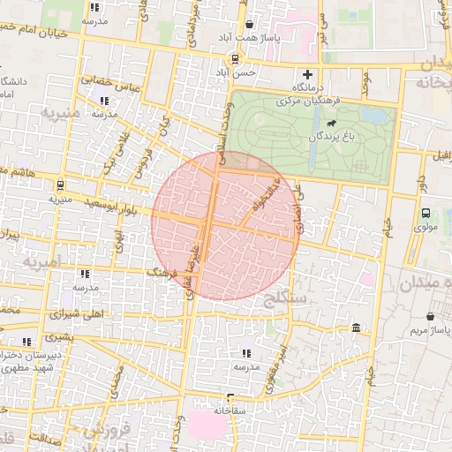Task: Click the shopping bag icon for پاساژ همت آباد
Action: pyautogui.click(x=250, y=25)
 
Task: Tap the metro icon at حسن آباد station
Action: pyautogui.click(x=234, y=58)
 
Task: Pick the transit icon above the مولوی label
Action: pyautogui.click(x=426, y=213)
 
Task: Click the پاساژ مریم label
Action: pyautogui.click(x=430, y=330)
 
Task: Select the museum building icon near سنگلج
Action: pyautogui.click(x=356, y=328)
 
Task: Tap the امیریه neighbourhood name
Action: pyautogui.click(x=44, y=262)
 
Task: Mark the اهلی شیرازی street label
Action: pyautogui.click(x=72, y=313)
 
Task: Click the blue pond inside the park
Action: pyautogui.click(x=375, y=115)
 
